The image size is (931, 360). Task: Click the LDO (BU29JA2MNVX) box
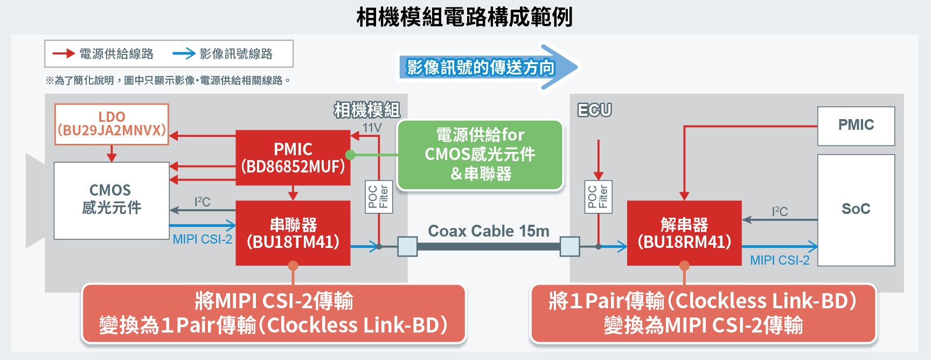(x=112, y=124)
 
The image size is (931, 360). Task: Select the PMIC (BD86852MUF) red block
(x=293, y=157)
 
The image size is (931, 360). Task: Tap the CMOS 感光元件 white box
(x=112, y=200)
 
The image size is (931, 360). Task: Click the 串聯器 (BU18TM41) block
(x=293, y=233)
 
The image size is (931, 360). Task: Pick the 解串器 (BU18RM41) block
(x=684, y=233)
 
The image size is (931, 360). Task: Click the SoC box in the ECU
(x=856, y=210)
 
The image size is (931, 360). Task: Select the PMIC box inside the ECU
(x=856, y=126)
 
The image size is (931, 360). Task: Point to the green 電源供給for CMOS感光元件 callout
(x=480, y=155)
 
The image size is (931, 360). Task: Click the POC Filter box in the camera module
(x=378, y=197)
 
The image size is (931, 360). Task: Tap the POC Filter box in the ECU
(x=598, y=197)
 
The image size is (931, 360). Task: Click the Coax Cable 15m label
(x=488, y=231)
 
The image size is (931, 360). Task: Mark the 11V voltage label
(x=372, y=128)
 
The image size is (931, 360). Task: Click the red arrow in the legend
(x=63, y=53)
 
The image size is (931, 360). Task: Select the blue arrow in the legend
(x=184, y=53)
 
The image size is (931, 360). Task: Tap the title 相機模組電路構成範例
(x=464, y=17)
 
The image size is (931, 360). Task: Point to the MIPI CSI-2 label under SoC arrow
(x=780, y=260)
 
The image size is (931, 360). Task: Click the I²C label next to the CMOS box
(x=203, y=202)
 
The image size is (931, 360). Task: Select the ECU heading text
(x=594, y=110)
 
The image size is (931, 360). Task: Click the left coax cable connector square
(x=407, y=246)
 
